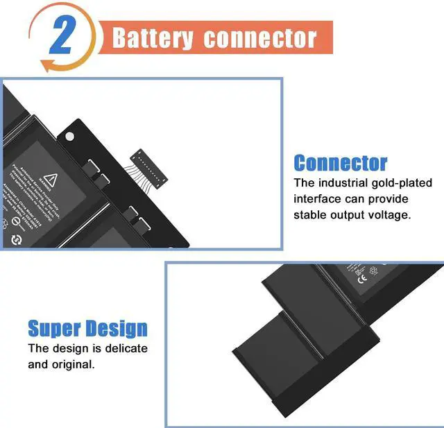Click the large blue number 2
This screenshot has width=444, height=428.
coord(62,37)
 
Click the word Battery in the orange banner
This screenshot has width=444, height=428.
coord(153,37)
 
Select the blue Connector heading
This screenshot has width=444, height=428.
coord(341,163)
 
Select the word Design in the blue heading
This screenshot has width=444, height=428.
coord(116,328)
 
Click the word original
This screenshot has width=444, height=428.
coord(72,364)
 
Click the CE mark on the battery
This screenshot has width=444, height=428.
coord(361,280)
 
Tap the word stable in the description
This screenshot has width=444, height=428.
coord(311,214)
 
